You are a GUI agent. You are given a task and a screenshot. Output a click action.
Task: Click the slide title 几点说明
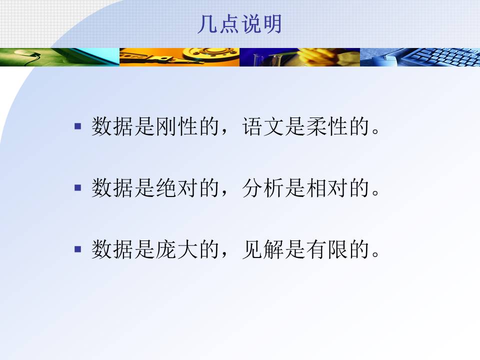pos(239,24)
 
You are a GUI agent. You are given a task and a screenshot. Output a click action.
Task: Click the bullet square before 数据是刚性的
pos(78,126)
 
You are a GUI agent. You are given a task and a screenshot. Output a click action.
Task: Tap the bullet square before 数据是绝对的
pos(78,187)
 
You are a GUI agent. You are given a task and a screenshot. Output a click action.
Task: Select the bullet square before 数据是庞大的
pos(78,249)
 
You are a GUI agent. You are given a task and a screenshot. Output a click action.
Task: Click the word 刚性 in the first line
pos(176,126)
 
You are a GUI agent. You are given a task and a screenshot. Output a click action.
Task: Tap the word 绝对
pos(176,187)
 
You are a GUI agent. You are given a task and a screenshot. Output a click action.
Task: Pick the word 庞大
pos(176,249)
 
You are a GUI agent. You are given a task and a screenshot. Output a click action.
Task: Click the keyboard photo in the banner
pos(420,57)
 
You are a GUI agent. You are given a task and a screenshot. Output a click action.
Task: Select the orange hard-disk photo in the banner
pos(179,57)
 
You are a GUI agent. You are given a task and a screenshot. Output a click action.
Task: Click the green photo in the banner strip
pos(59,57)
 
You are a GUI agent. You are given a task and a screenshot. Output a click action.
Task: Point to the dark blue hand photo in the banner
pos(299,57)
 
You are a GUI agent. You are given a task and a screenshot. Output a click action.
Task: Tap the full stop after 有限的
pos(375,254)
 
